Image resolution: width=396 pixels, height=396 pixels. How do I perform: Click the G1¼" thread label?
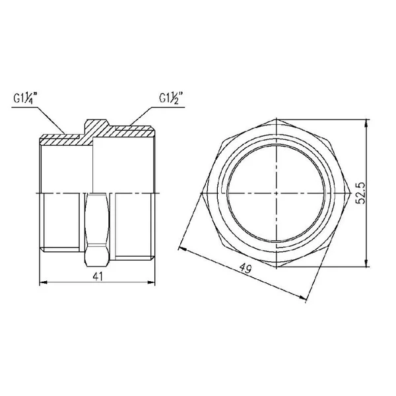click(x=25, y=98)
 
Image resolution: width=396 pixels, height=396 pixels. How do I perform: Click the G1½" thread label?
click(x=171, y=98)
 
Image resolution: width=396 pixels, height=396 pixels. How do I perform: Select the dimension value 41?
click(x=98, y=277)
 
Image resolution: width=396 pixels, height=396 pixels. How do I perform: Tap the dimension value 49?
click(x=246, y=268)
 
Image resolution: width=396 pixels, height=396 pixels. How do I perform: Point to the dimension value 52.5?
click(x=360, y=193)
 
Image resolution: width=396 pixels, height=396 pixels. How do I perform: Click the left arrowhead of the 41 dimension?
click(x=44, y=282)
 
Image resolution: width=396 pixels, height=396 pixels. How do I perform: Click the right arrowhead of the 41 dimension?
click(x=151, y=282)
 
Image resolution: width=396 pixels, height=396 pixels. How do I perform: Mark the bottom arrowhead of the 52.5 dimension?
click(x=366, y=263)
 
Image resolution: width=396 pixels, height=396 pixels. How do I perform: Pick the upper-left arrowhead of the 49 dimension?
click(x=183, y=249)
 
